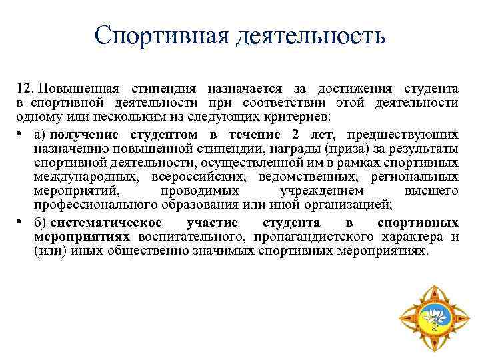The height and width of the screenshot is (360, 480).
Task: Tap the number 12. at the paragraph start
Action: [27, 89]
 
